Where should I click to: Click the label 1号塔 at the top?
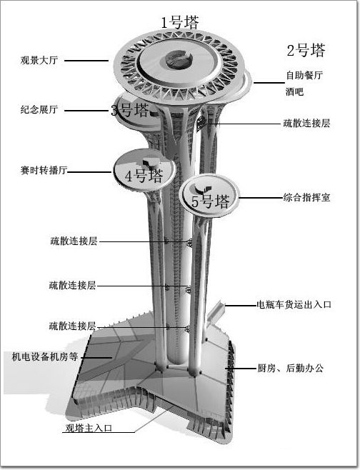180,22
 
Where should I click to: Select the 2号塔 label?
306,50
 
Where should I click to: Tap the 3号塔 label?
130,110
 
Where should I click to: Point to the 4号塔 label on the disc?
144,175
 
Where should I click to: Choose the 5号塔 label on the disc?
211,201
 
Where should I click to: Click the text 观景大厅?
39,60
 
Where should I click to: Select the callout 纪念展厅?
39,109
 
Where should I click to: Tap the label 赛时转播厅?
44,170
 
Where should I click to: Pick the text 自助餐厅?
304,75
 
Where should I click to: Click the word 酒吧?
294,91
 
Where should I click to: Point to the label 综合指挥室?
306,198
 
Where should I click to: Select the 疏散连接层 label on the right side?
306,123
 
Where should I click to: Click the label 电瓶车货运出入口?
294,304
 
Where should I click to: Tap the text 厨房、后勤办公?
290,368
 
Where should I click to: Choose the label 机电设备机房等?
45,356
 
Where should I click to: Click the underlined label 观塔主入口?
89,428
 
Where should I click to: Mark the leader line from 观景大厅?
86,61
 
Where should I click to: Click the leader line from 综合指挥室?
261,198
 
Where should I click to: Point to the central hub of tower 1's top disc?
179,59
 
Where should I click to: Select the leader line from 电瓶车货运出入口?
241,306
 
